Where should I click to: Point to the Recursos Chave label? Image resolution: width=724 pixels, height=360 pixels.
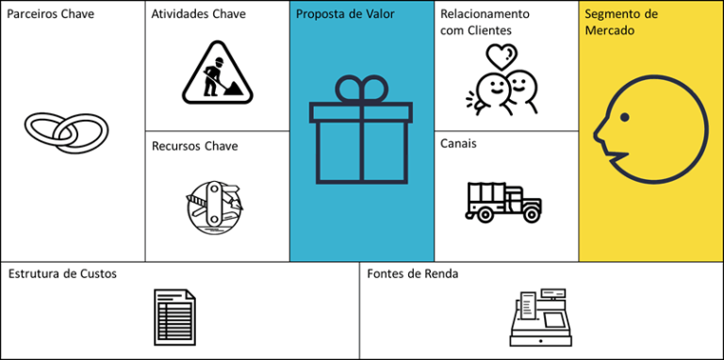[194, 146]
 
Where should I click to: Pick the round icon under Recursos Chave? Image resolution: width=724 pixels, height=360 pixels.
[214, 202]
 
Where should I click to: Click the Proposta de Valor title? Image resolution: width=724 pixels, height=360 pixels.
[345, 15]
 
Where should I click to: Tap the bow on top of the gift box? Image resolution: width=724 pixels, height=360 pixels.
[361, 90]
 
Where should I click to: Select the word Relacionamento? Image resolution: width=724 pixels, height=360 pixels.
[485, 15]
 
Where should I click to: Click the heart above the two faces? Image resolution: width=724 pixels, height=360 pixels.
[503, 56]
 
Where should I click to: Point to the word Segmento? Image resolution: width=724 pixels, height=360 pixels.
[620, 15]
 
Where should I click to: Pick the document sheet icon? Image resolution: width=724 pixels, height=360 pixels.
[174, 317]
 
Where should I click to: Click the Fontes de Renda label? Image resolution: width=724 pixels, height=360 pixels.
[413, 273]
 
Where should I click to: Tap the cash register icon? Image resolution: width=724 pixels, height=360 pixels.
[540, 318]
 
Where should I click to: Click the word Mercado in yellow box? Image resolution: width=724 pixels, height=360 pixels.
[610, 31]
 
